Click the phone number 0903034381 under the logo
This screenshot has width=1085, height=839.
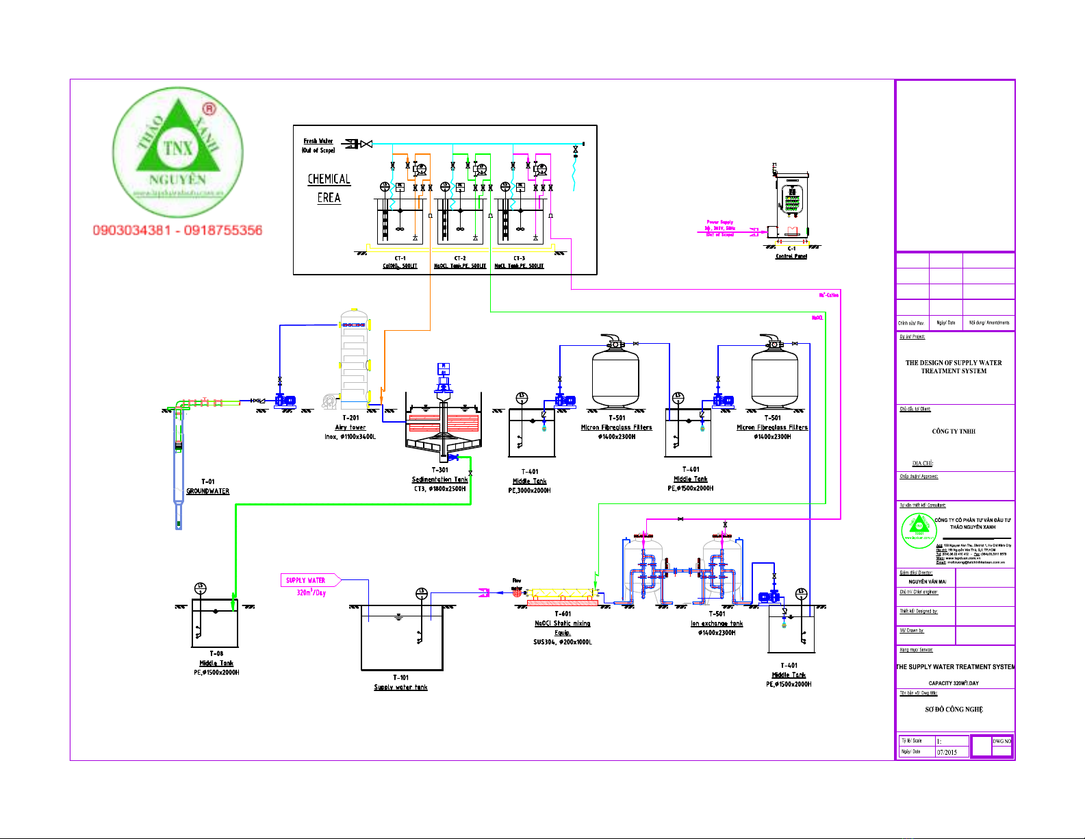(132, 230)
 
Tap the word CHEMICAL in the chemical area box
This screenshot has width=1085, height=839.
(329, 179)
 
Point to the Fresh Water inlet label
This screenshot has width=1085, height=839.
(318, 141)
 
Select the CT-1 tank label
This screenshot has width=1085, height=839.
(400, 258)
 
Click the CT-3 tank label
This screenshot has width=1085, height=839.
(520, 258)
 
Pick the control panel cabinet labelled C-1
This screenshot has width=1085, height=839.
(791, 205)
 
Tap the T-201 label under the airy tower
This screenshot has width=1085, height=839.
(350, 418)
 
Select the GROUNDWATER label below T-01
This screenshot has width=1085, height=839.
(208, 491)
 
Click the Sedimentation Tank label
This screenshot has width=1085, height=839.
(439, 479)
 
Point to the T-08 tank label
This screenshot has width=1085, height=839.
(216, 653)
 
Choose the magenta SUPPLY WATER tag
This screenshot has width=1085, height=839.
(306, 580)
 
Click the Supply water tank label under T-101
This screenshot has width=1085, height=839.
(400, 687)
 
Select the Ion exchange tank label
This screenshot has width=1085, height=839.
(717, 623)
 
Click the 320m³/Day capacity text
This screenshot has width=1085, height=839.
(311, 592)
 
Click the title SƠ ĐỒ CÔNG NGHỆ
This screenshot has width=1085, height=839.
(954, 710)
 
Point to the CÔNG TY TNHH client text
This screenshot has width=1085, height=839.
(954, 431)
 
